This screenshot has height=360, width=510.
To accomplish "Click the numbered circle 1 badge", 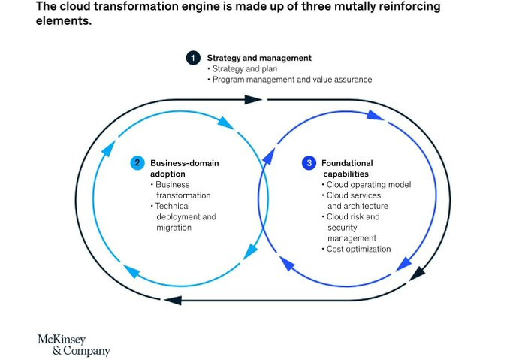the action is pos(193,58).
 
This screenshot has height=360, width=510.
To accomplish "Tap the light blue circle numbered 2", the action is pos(137,163).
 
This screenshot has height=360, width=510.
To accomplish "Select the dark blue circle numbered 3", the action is pos(309,163).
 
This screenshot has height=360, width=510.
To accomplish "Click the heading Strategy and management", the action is pos(259,58).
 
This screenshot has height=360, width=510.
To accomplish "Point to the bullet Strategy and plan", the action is pos(245,69).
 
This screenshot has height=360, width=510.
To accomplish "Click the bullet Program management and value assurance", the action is pos(292,80).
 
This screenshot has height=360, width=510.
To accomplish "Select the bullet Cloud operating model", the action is pos(369,185).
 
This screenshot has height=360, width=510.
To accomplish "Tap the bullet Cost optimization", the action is pos(359,249).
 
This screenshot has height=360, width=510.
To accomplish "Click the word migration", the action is pos(174,228).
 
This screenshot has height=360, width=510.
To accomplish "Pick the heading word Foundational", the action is pos(347,163).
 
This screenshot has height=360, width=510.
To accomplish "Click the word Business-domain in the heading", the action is pos(185,163).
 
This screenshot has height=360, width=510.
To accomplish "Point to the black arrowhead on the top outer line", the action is pos(253,99).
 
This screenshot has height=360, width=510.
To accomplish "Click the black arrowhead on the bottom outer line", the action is pos(173,300).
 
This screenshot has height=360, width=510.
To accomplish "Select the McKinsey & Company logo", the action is pos(74,345).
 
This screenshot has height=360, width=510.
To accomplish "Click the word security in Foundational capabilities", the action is pos(343,228).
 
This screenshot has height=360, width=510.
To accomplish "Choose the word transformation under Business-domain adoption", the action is pos(183,195).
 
